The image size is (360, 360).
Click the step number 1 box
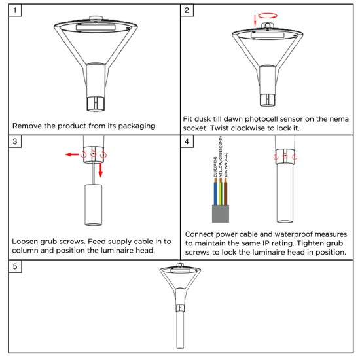tap(15, 10)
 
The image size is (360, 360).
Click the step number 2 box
tap(187, 10)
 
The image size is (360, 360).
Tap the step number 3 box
tap(15, 141)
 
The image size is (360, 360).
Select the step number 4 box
tap(187, 141)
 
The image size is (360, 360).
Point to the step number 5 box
tap(15, 266)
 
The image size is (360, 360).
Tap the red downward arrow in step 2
tap(255, 20)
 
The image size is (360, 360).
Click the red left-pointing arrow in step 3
tap(72, 154)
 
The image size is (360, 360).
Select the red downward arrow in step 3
tap(100, 170)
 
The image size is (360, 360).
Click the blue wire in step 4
tap(215, 192)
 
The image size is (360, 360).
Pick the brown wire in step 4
tap(226, 192)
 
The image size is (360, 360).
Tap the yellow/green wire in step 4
tap(221, 192)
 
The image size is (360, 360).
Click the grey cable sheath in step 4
tap(221, 214)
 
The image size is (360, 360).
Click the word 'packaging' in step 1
tap(137, 126)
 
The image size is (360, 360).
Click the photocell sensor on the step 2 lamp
tap(268, 25)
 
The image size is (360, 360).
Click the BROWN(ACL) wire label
tap(226, 164)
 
